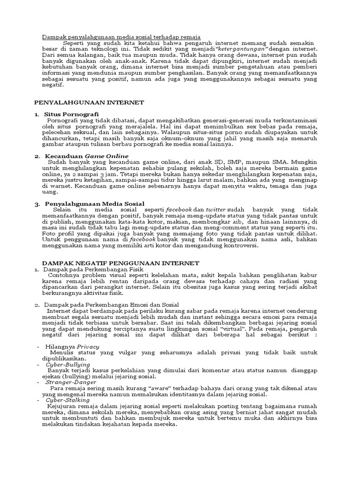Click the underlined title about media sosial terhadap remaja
(x=121, y=37)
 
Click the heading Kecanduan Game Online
(x=86, y=156)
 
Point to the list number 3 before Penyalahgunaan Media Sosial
(x=37, y=204)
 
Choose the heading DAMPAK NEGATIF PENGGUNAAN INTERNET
(x=120, y=263)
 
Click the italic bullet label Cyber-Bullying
(x=68, y=364)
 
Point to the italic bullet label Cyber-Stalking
(x=67, y=400)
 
